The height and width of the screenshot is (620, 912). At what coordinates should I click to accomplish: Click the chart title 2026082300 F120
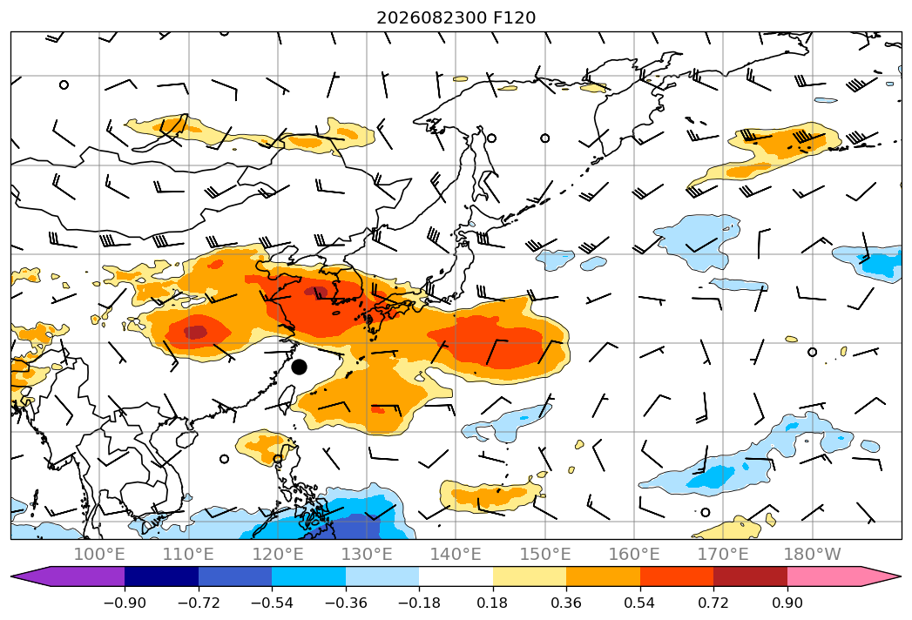456,18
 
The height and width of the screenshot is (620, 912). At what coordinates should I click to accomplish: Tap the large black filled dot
299,367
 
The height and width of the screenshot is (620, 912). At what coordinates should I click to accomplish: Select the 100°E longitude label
99,555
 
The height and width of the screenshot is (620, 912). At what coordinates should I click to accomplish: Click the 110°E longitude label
188,555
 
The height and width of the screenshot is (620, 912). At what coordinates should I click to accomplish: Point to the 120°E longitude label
278,555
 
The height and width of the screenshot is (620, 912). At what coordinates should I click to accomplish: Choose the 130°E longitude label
367,555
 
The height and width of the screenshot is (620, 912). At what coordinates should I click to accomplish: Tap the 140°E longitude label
456,555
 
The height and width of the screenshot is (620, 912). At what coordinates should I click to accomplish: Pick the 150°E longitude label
545,555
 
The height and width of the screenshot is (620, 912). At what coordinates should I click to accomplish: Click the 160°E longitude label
634,555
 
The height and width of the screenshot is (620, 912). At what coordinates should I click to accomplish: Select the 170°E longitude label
723,555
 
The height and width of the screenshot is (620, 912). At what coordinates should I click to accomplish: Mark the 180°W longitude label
813,555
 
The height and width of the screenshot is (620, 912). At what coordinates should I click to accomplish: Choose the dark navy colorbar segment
161,576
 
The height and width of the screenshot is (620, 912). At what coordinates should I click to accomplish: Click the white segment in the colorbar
456,576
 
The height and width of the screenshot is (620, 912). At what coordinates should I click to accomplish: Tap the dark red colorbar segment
750,576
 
